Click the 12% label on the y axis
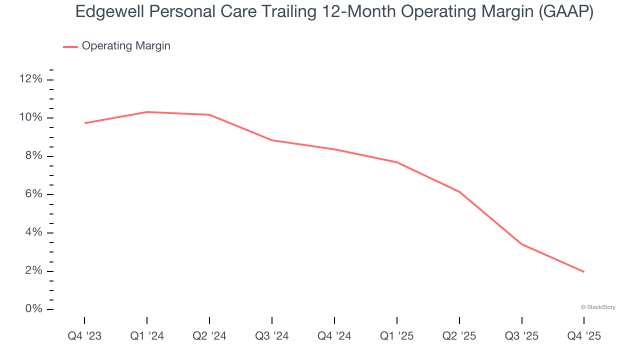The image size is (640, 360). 30,79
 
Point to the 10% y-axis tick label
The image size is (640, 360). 30,117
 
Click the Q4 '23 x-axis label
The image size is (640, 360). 84,336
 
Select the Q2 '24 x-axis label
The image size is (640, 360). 209,336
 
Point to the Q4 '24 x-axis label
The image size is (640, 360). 334,336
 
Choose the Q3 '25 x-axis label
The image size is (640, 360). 522,336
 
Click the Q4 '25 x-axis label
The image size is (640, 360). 584,336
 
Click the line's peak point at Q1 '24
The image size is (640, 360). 147,112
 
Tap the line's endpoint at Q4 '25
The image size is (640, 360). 584,272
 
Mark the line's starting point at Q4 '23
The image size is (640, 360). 84,123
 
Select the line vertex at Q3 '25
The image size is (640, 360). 522,244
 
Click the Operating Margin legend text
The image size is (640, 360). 126,46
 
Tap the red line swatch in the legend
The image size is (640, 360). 70,46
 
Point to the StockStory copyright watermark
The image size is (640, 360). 598,307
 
